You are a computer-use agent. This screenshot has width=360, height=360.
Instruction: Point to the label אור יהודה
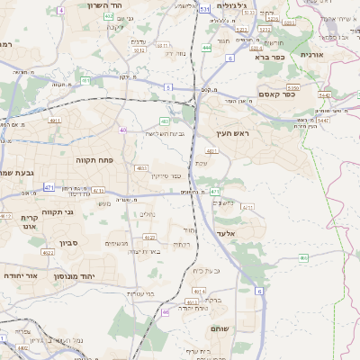(x=20, y=275)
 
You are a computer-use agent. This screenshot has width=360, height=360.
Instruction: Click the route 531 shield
(x=205, y=8)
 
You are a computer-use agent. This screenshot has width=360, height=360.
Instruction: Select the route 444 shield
(x=207, y=47)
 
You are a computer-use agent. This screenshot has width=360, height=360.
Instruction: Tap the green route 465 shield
(x=304, y=257)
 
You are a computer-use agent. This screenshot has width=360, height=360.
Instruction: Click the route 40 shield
(x=123, y=130)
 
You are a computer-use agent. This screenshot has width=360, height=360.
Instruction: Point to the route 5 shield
(x=168, y=87)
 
